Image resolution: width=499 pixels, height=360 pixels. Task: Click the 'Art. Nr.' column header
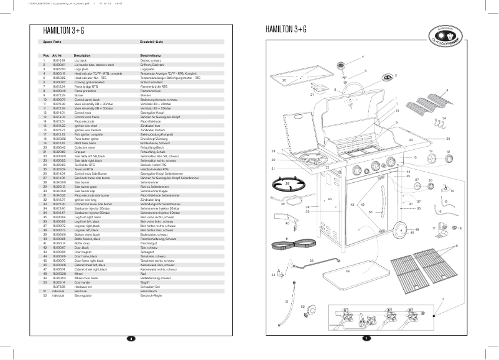58,55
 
